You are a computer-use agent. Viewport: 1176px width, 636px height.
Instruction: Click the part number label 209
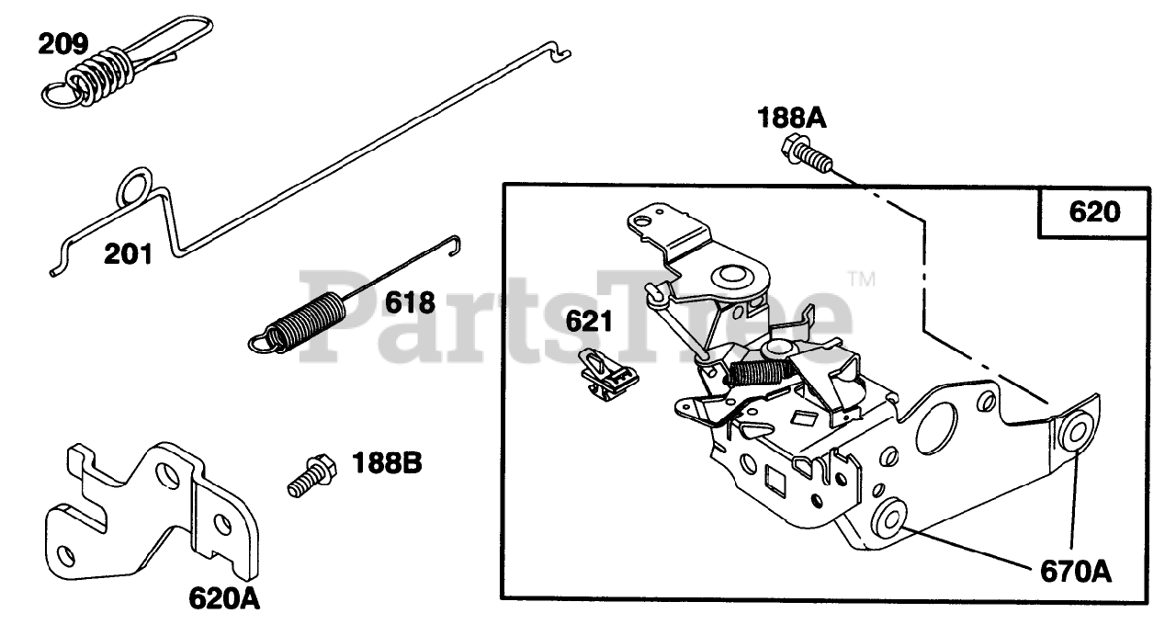coord(64,43)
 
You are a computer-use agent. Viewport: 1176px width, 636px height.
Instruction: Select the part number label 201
coord(128,254)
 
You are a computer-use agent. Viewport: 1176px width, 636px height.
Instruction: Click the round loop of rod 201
coord(133,185)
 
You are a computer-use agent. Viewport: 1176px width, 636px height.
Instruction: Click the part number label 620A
coord(224,599)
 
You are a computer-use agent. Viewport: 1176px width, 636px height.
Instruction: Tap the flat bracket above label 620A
coord(147,515)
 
